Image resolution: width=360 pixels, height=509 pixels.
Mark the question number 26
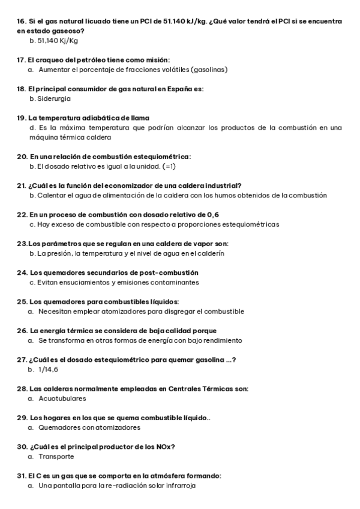click(x=22, y=331)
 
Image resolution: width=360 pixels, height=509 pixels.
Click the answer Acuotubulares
click(x=62, y=399)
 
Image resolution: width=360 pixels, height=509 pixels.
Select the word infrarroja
click(x=179, y=486)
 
